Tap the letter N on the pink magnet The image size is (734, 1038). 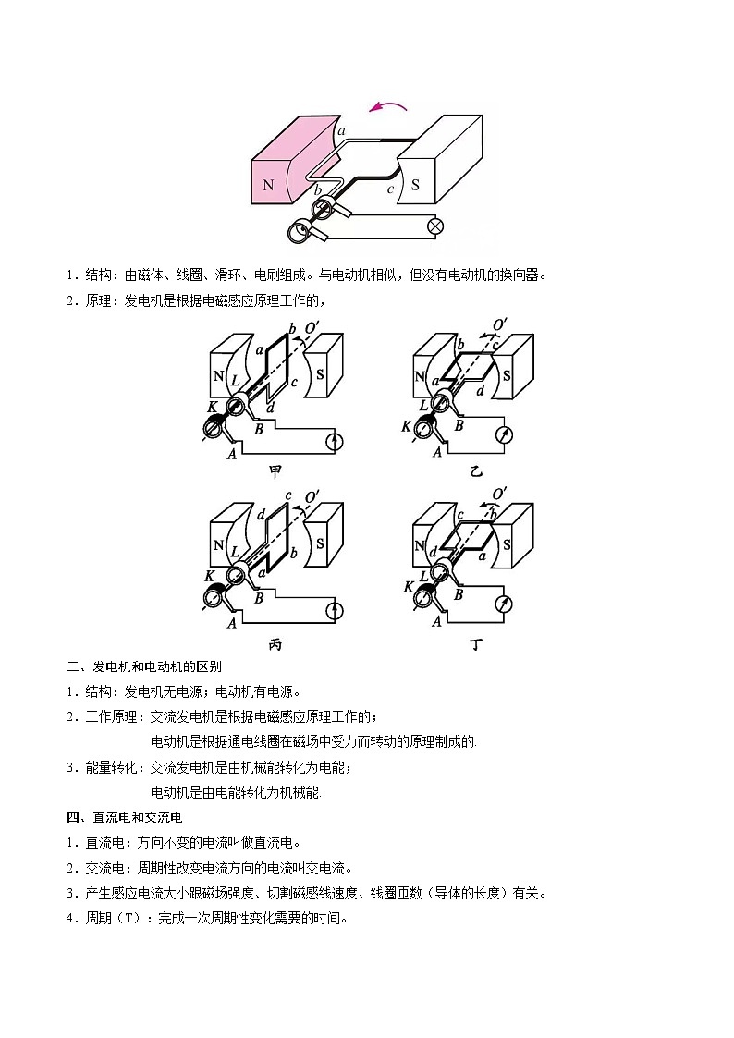[x=268, y=184]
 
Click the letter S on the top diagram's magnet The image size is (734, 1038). [x=415, y=184]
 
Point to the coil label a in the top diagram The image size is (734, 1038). [x=341, y=132]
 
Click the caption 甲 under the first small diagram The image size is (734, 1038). [x=275, y=471]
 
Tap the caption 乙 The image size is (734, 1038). [x=476, y=471]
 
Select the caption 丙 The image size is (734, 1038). [x=275, y=644]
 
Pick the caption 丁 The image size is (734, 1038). [x=476, y=644]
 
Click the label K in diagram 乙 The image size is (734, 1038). [x=406, y=426]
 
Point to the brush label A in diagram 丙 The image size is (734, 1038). [x=232, y=624]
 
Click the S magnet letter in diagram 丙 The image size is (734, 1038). [x=320, y=544]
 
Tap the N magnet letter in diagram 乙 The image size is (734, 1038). [x=420, y=377]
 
